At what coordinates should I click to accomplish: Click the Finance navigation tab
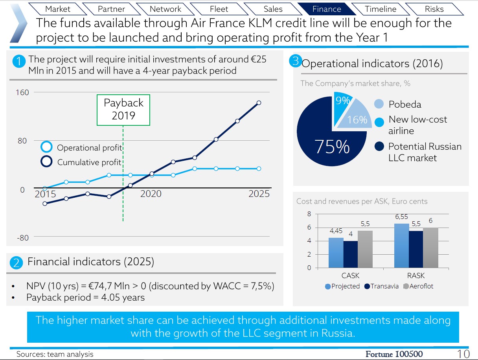[x=326, y=9]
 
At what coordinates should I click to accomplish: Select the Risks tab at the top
[x=434, y=9]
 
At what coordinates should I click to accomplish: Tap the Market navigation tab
[x=58, y=9]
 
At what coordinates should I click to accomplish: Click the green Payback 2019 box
[x=123, y=110]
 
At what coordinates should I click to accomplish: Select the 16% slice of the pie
[x=356, y=116]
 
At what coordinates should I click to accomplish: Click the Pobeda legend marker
[x=379, y=104]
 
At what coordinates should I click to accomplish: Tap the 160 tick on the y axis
[x=22, y=92]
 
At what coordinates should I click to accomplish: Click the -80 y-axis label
[x=22, y=238]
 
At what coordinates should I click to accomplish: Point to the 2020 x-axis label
[x=151, y=194]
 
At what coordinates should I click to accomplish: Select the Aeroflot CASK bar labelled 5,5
[x=365, y=249]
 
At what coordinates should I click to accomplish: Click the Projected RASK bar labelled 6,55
[x=402, y=245]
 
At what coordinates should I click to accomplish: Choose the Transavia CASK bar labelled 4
[x=350, y=254]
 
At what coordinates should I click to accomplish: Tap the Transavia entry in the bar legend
[x=381, y=286]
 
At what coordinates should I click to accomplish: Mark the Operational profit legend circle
[x=46, y=147]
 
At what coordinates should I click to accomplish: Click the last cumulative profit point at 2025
[x=259, y=103]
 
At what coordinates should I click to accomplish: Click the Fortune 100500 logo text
[x=394, y=354]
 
